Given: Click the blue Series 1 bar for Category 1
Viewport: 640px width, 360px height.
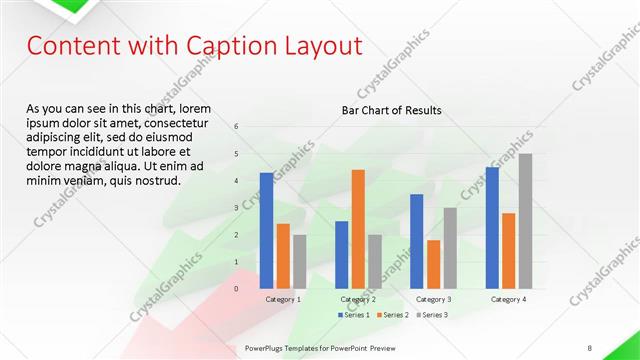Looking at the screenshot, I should (x=266, y=230).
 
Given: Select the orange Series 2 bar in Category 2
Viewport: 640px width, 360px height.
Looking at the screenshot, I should (x=358, y=229).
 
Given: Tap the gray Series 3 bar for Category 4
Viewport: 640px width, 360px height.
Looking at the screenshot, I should (x=525, y=221).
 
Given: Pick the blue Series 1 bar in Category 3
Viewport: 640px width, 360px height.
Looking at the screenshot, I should (x=416, y=241).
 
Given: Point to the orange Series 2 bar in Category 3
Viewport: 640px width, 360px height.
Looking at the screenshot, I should (x=433, y=264).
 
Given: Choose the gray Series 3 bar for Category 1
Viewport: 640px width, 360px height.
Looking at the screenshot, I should (x=299, y=261).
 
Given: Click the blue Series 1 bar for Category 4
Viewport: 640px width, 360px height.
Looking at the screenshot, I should (x=492, y=227).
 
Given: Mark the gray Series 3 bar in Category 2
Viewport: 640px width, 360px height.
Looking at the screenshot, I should (x=375, y=261).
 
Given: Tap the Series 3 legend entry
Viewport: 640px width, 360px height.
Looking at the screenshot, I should (x=434, y=315).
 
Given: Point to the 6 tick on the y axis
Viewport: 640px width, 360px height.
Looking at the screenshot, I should (x=237, y=127).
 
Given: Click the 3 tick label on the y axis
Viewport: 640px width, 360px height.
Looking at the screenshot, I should (x=237, y=208).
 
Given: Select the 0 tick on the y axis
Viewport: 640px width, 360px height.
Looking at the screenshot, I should (x=237, y=288).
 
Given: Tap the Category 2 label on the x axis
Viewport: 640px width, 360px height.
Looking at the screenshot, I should (x=358, y=299).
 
